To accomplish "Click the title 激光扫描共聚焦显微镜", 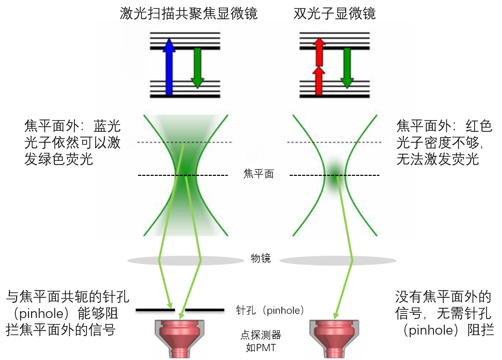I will coord(188,14).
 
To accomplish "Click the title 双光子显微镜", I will coord(334,14).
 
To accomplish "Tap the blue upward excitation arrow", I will coord(168,67).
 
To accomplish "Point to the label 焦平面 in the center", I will coord(258,174).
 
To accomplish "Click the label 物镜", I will coord(261,258).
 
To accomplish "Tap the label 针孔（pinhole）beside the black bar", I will coord(269,310).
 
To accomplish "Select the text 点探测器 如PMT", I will coord(260,341).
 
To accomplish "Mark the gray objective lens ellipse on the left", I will coord(179,260).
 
